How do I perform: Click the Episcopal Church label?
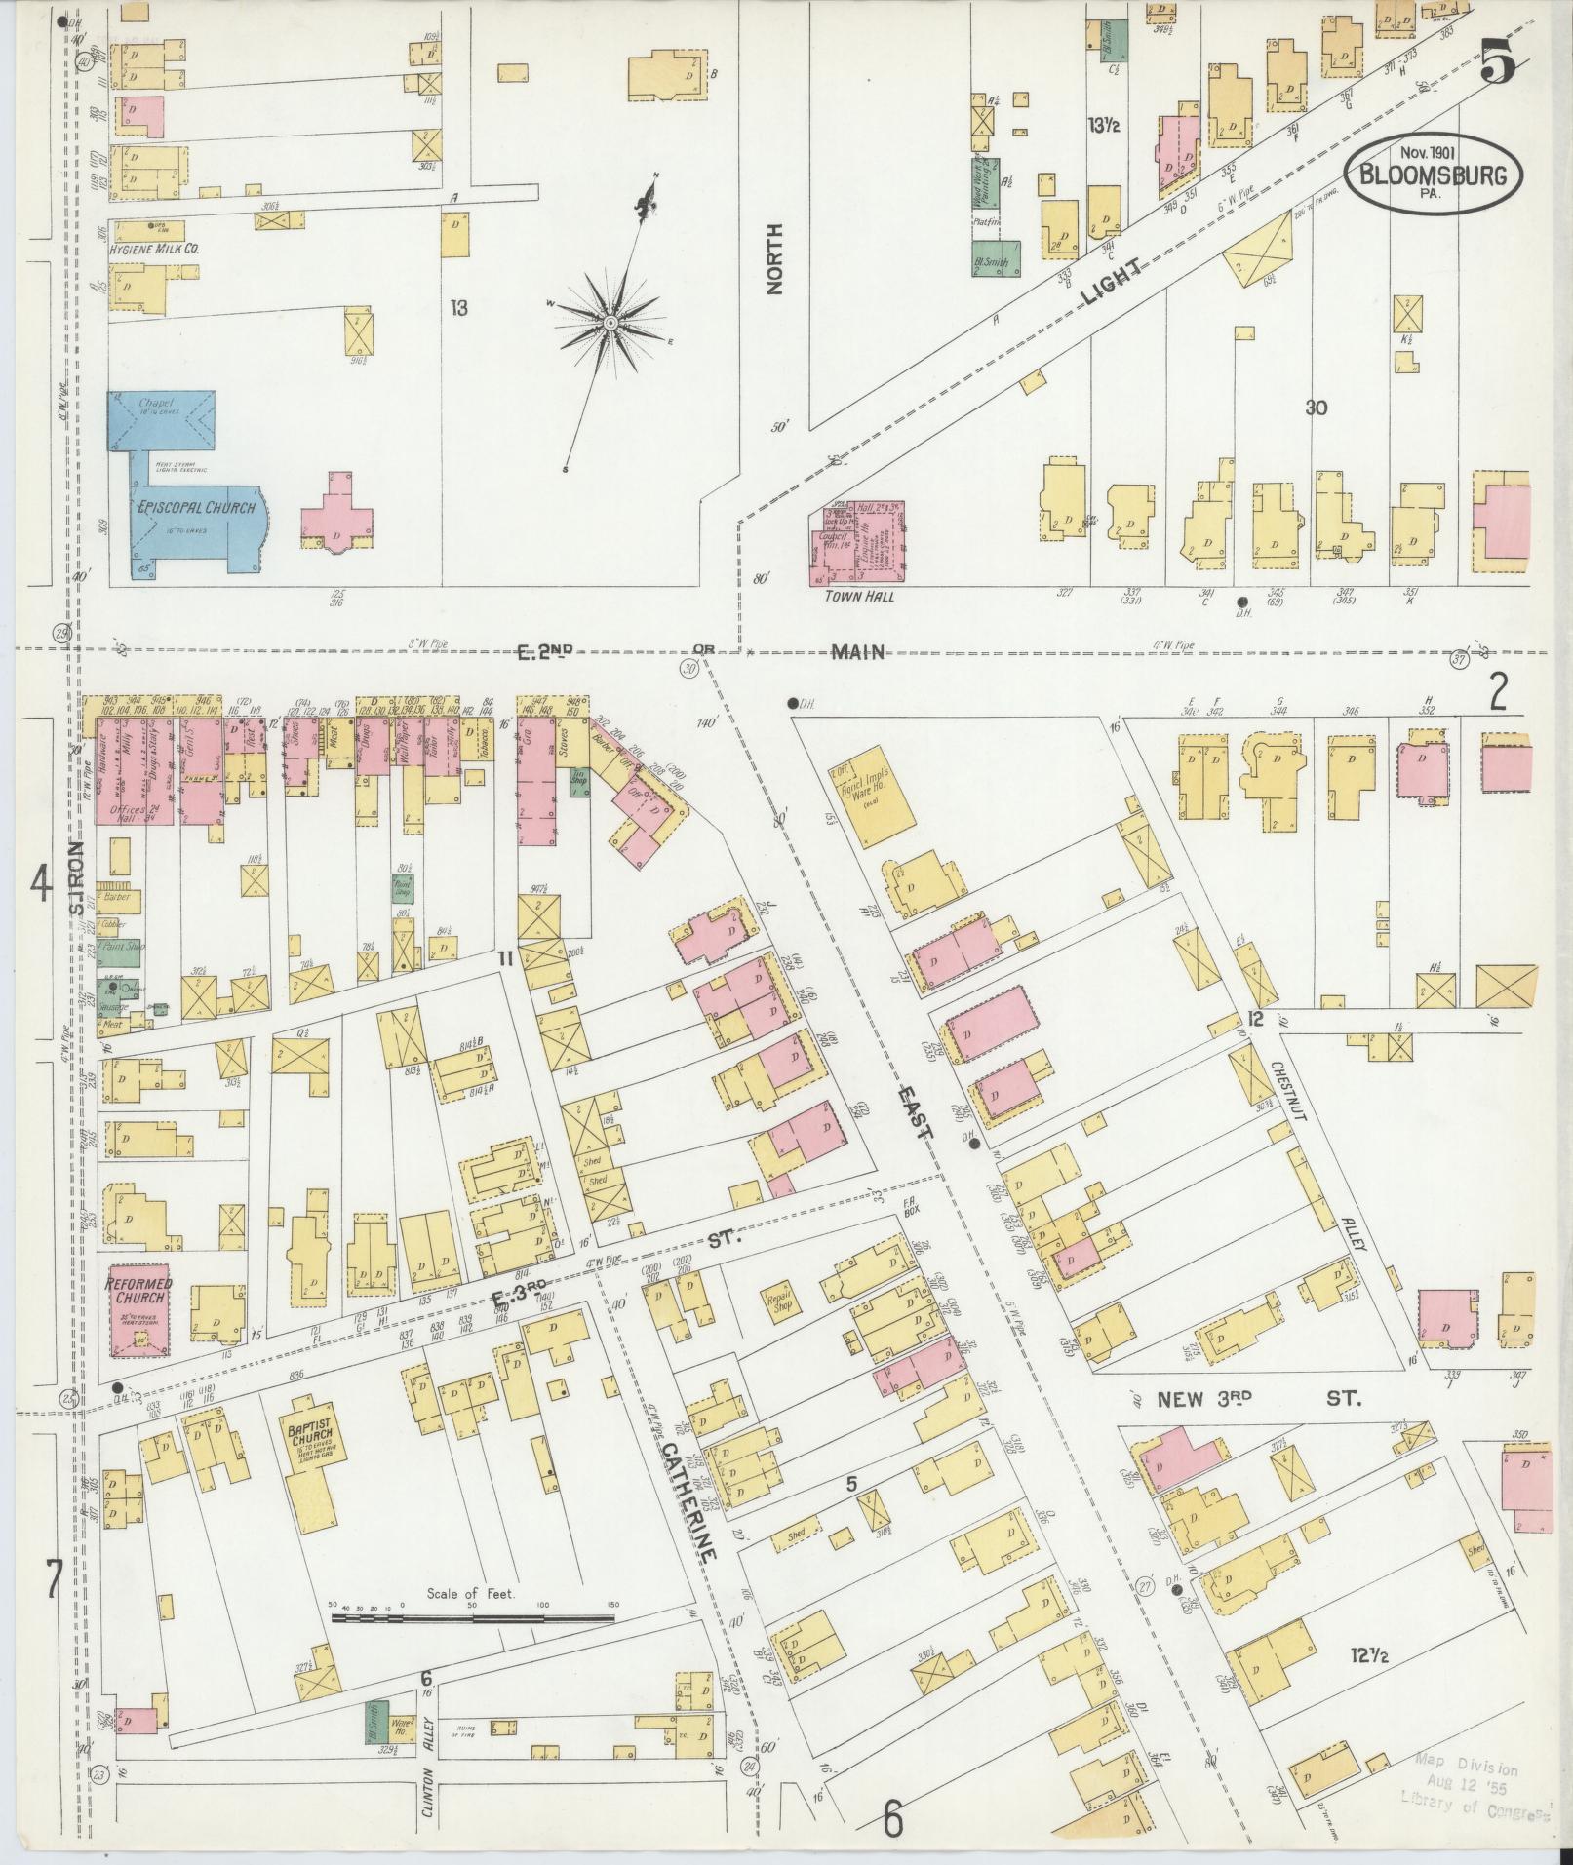[196, 508]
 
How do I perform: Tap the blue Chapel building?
[161, 419]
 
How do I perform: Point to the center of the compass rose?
[610, 323]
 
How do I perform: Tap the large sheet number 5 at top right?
[1498, 66]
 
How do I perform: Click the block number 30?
[1316, 409]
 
